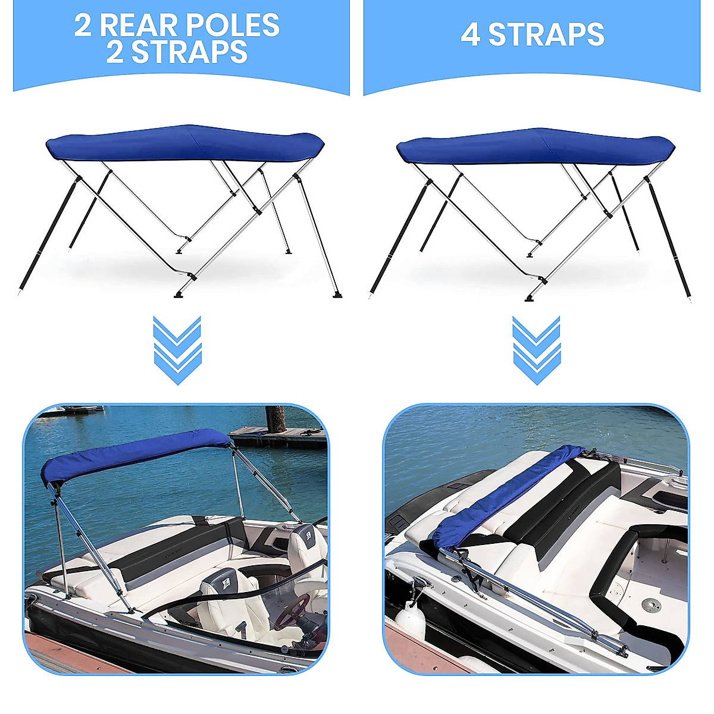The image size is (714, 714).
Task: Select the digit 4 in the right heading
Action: point(470,35)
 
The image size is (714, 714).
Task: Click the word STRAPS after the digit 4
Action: point(546,35)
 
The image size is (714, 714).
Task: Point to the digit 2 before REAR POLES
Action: point(83,26)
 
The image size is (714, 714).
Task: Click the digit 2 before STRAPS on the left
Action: point(115,52)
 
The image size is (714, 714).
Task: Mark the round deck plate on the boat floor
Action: point(651,605)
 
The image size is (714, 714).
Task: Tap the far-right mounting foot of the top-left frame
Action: point(337,294)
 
